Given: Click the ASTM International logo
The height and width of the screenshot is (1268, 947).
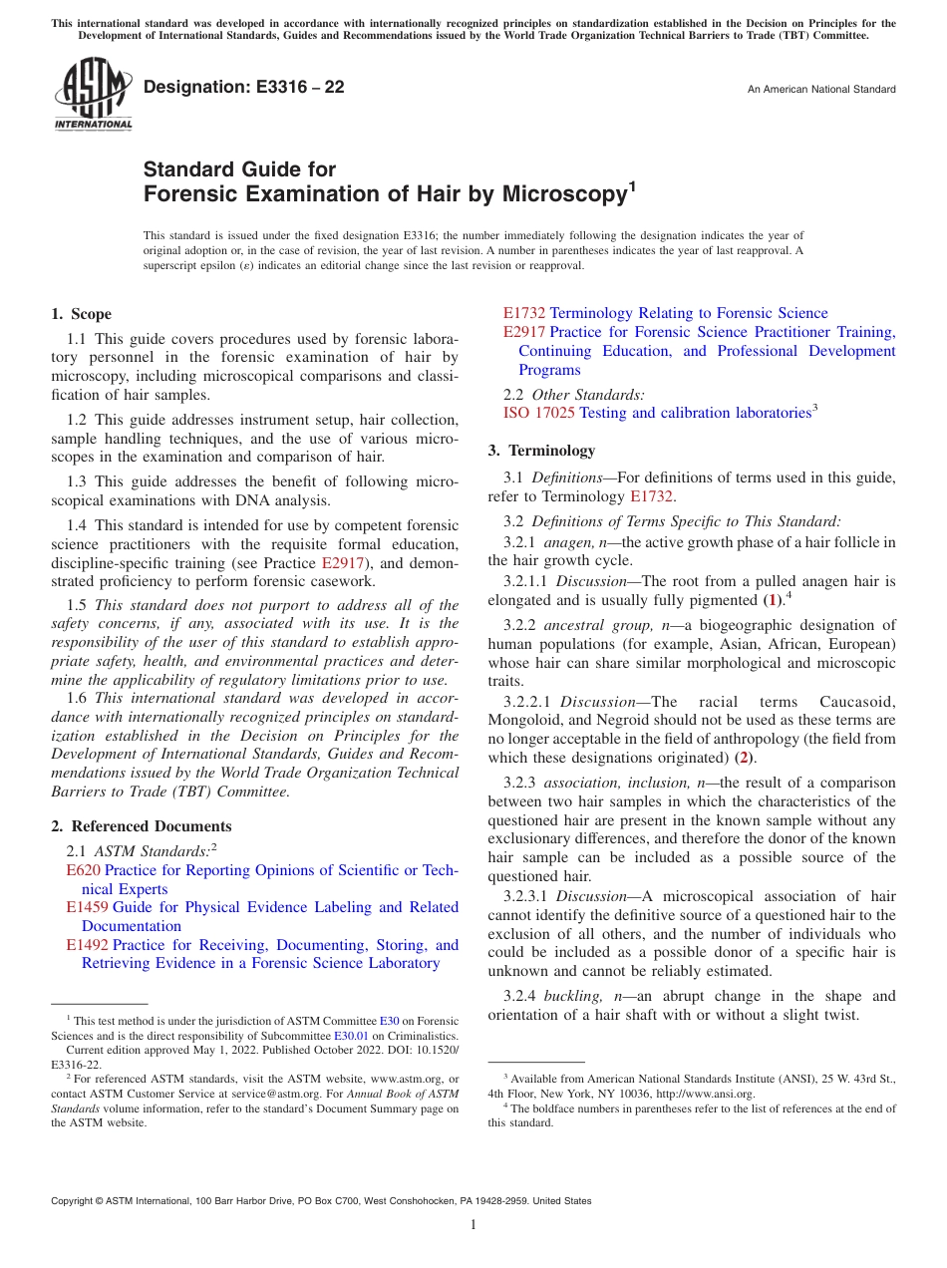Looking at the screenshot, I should click(93, 95).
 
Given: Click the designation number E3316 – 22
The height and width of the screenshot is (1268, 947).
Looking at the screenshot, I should click(244, 88).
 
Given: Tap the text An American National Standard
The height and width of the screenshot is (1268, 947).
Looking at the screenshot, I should click(820, 90).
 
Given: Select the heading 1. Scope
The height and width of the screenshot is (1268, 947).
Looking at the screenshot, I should click(82, 314).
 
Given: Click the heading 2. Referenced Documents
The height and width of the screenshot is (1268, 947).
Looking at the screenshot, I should click(142, 826).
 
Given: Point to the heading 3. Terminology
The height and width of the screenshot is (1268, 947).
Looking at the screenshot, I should click(541, 450).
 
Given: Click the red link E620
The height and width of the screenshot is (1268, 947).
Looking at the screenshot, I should click(82, 870).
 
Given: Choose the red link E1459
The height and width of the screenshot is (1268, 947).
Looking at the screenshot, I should click(87, 907).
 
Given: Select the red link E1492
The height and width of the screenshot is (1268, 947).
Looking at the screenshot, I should click(87, 945).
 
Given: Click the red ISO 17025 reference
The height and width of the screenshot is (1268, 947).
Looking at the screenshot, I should click(538, 413).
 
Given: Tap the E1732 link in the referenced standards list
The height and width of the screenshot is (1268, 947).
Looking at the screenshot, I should click(523, 313).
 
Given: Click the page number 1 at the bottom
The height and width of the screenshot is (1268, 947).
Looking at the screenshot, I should click(473, 1225).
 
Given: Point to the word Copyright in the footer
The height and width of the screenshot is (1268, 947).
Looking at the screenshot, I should click(75, 1201).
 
